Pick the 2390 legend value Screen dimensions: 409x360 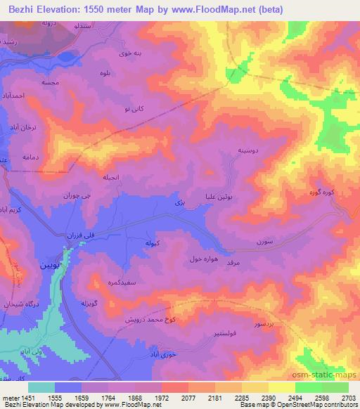pyautogui.click(x=266, y=397)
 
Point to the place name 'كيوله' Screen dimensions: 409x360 pyautogui.click(x=154, y=243)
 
